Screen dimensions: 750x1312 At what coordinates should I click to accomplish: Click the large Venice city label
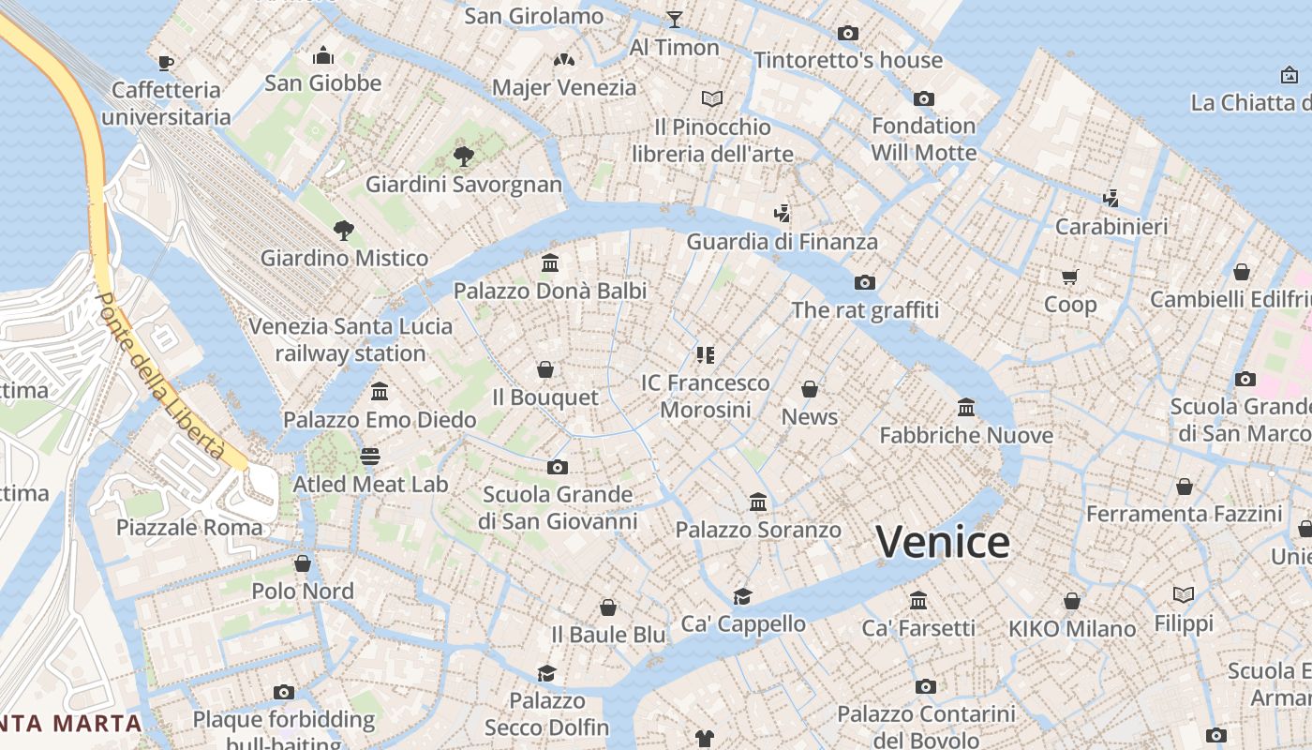click(943, 543)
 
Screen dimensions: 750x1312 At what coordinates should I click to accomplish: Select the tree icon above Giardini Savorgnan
click(463, 156)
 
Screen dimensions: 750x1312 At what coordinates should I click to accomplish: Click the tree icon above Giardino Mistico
click(344, 230)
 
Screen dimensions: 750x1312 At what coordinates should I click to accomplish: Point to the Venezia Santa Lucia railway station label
click(350, 339)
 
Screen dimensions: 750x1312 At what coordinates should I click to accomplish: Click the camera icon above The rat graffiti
click(864, 282)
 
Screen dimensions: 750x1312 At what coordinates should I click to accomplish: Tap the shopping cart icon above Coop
click(1070, 277)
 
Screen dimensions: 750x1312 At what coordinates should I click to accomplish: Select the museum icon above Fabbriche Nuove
click(966, 408)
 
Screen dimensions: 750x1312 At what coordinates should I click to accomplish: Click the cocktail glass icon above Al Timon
click(674, 19)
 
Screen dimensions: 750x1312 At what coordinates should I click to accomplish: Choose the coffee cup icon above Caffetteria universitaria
click(166, 63)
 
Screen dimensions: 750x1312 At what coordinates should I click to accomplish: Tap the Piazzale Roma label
click(189, 527)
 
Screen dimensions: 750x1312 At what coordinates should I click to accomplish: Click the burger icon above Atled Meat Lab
click(370, 457)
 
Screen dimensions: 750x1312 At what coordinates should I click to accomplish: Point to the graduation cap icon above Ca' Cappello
click(742, 596)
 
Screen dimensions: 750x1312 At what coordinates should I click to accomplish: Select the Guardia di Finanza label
click(783, 242)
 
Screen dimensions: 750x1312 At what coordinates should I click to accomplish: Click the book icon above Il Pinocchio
click(712, 98)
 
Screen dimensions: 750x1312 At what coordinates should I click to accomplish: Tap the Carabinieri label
click(1111, 227)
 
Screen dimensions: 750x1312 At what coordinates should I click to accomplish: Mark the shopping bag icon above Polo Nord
click(302, 563)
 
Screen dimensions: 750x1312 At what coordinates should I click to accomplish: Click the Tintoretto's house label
click(848, 60)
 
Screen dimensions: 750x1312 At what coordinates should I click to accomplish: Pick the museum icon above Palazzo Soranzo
click(758, 502)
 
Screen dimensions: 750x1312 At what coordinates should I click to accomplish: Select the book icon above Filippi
click(1184, 595)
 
